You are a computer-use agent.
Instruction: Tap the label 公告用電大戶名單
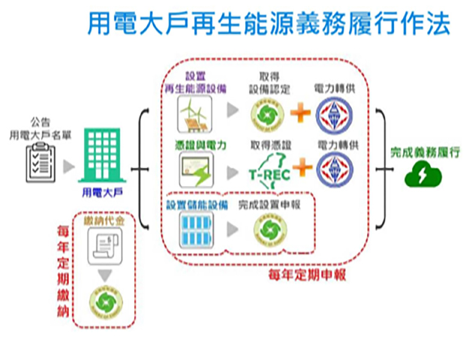[x=41, y=128]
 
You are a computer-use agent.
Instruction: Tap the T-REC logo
[x=269, y=172]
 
